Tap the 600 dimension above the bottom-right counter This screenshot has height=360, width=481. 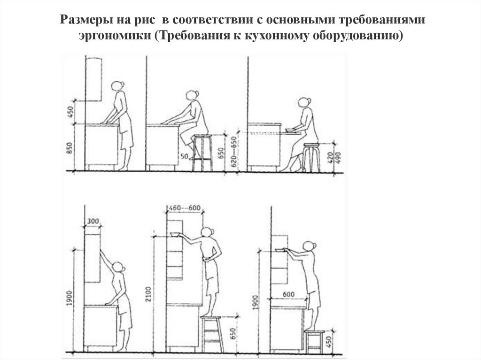pos(288,295)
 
